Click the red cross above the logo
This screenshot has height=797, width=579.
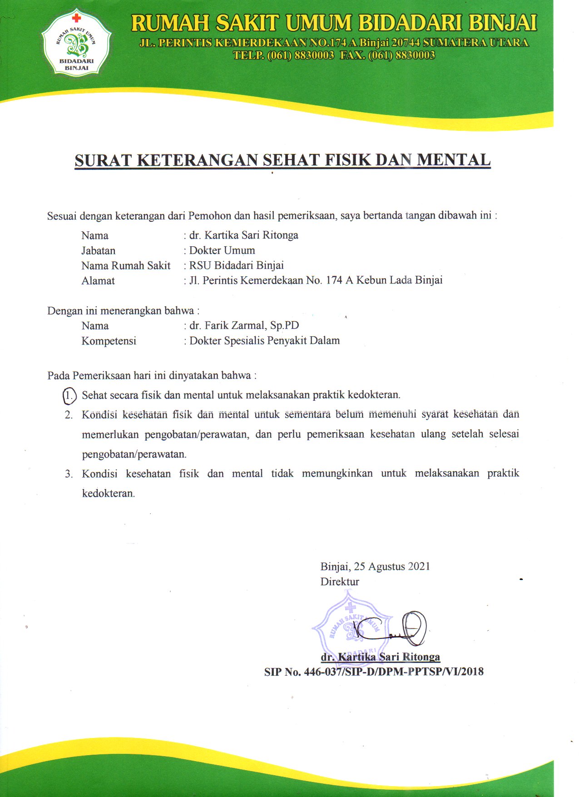(x=76, y=18)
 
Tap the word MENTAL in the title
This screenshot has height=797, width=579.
(x=454, y=160)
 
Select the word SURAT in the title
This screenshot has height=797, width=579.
(x=103, y=160)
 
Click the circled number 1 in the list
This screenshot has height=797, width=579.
(x=69, y=395)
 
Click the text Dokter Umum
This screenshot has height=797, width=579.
(x=222, y=250)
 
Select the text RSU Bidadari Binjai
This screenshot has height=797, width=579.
(x=236, y=265)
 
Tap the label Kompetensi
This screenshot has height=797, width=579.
(x=109, y=341)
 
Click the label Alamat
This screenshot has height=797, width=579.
(x=98, y=281)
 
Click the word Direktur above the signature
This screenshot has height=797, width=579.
(x=340, y=582)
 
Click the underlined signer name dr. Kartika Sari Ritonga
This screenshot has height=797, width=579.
(x=380, y=657)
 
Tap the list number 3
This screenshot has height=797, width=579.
(x=69, y=474)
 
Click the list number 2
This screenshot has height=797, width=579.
(x=69, y=415)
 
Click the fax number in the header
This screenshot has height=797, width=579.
(x=401, y=55)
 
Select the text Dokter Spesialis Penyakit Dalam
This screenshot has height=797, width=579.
(x=264, y=341)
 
